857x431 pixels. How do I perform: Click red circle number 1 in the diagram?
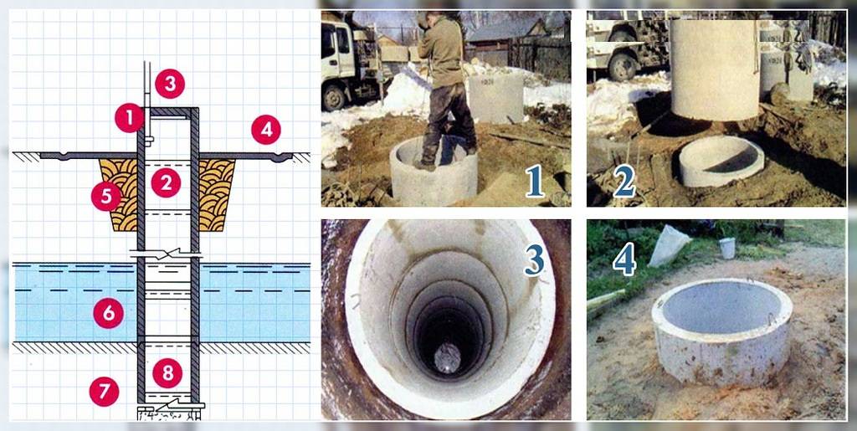[130, 117]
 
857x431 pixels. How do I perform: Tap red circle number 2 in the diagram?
[166, 182]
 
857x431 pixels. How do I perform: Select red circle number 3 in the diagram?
[169, 84]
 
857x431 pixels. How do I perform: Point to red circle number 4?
[266, 130]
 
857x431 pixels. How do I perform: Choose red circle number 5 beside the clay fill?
[105, 196]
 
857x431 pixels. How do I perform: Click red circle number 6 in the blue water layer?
[108, 313]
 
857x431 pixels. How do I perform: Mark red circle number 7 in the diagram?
[104, 391]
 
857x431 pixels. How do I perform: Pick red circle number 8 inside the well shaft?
[167, 373]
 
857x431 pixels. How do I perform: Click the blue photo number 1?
[534, 182]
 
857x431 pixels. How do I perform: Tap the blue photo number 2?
[624, 182]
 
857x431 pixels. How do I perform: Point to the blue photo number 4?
[624, 259]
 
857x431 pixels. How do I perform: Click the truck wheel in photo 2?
[623, 65]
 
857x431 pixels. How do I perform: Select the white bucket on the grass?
[727, 248]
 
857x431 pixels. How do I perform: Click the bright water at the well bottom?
[448, 358]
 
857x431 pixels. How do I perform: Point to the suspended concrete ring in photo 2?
[715, 69]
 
